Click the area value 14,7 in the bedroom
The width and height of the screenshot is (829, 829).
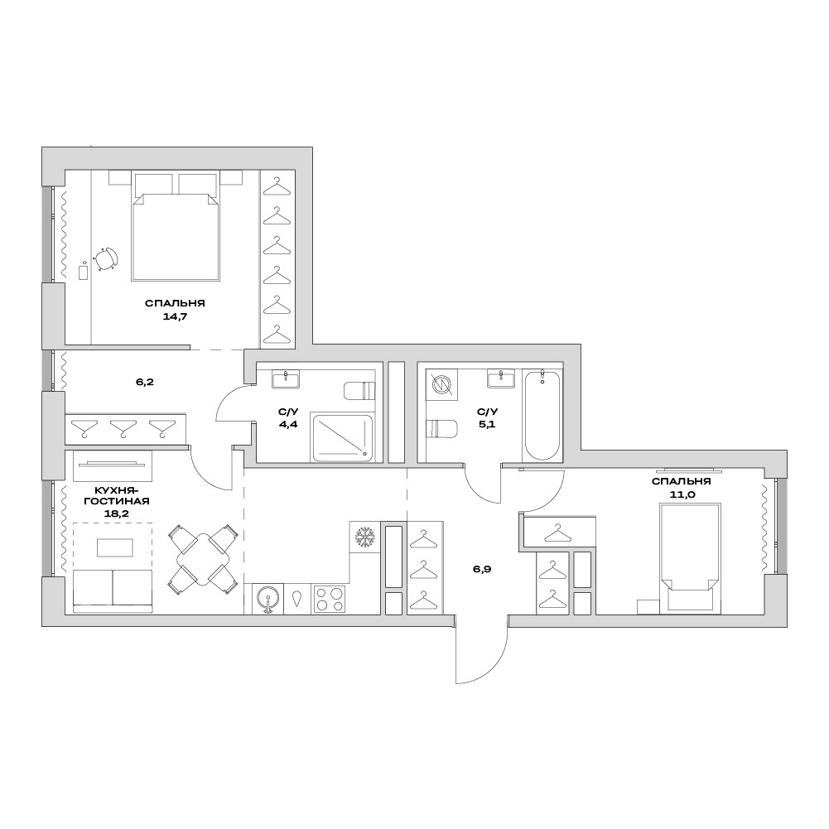coord(176,317)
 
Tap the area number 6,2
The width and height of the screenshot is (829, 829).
coord(145,382)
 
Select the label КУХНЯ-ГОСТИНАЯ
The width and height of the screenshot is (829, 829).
coord(116,495)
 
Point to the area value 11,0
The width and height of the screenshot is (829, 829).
coord(681,496)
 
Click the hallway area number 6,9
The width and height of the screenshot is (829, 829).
coord(482,570)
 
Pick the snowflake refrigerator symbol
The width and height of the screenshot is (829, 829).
coord(364,537)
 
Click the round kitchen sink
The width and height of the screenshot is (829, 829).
coord(267,599)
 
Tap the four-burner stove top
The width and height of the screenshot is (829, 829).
coord(329,599)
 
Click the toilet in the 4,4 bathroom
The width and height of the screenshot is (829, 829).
coord(359,391)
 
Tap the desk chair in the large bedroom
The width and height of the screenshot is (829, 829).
coord(106,259)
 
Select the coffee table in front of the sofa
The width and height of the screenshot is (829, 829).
coord(115,547)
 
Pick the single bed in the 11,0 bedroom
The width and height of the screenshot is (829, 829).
coord(691,558)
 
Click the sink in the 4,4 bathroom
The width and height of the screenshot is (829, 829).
coord(286,379)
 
